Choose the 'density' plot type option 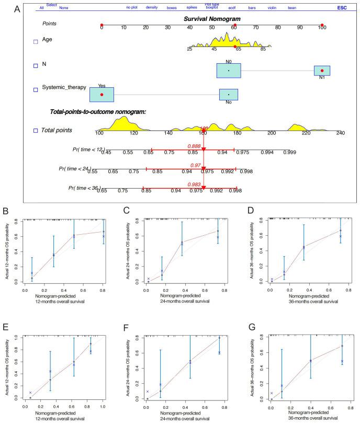tap(152, 8)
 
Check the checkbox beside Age tap(36, 42)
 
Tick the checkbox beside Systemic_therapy tap(36, 89)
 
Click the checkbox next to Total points tap(36, 130)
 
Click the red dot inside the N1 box tap(322, 71)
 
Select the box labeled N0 tap(229, 71)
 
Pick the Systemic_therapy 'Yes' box tap(102, 94)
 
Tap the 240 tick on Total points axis tap(340, 133)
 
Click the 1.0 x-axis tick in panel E tap(103, 406)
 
